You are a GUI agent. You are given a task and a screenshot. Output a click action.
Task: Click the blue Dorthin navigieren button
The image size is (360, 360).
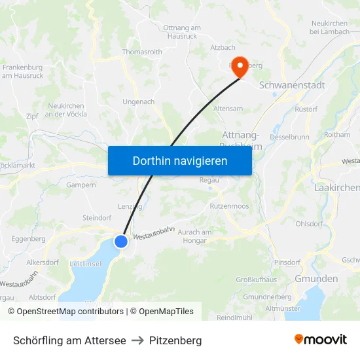click(180, 160)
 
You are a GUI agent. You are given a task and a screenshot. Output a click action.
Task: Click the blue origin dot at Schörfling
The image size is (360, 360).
click(121, 242)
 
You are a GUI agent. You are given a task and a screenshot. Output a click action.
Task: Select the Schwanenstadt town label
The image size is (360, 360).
click(292, 85)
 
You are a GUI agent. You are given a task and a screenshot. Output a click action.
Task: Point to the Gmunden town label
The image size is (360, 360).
click(316, 279)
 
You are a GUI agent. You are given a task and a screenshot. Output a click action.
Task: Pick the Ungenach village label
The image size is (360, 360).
click(139, 102)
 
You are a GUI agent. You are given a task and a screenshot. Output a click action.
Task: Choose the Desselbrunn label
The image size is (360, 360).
click(289, 137)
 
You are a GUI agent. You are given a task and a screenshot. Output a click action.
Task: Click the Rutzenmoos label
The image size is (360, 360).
click(229, 206)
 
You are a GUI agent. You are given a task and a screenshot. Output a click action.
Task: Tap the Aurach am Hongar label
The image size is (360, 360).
click(195, 236)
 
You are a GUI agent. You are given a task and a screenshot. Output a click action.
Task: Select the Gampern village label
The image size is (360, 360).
click(81, 185)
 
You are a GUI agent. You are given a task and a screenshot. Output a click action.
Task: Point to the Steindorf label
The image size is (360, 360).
click(98, 217)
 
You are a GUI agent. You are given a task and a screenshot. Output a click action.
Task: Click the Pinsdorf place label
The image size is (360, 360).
click(287, 262)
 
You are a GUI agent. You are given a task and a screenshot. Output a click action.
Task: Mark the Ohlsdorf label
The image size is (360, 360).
click(309, 224)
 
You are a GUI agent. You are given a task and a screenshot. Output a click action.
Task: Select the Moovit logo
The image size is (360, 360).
click(321, 340)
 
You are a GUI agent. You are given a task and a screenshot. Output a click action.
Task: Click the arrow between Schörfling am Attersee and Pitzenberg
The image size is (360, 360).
click(137, 340)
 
